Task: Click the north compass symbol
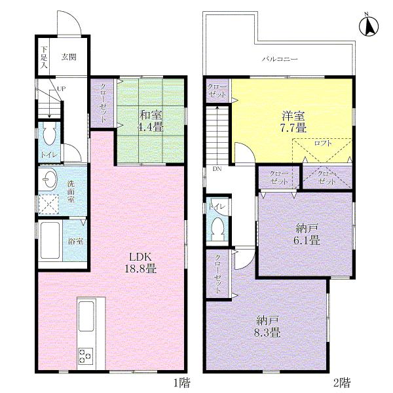(x=369, y=26)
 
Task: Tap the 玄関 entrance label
(x=69, y=57)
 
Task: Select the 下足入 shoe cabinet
(x=43, y=58)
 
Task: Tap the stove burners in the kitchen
(x=86, y=356)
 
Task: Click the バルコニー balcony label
(x=280, y=59)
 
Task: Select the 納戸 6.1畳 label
(x=306, y=234)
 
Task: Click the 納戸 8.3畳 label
(x=268, y=326)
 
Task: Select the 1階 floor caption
(x=183, y=381)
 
